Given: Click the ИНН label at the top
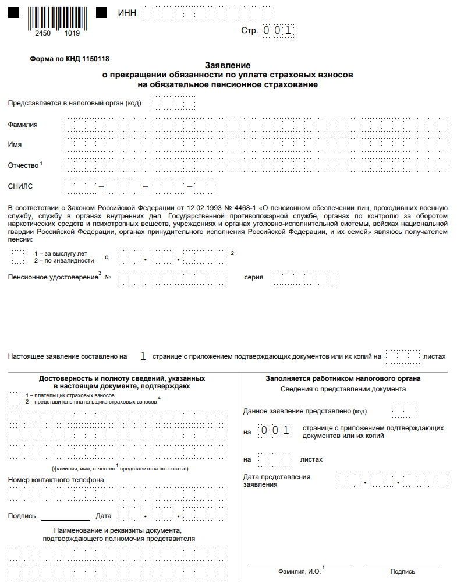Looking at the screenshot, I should pyautogui.click(x=127, y=13).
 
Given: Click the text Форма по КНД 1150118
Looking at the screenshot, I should pyautogui.click(x=69, y=59).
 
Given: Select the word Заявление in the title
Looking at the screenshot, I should pyautogui.click(x=228, y=65).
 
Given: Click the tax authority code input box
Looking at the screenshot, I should pyautogui.click(x=172, y=103).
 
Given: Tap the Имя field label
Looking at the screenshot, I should pyautogui.click(x=15, y=144).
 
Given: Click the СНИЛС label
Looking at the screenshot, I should pyautogui.click(x=20, y=186).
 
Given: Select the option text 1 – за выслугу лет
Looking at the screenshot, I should pyautogui.click(x=61, y=253).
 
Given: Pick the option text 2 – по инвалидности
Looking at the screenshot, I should pyautogui.click(x=64, y=260).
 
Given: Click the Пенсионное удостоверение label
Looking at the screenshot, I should pyautogui.click(x=53, y=277).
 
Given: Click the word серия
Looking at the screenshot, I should pyautogui.click(x=254, y=277).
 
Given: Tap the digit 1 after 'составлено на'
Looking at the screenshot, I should pyautogui.click(x=143, y=356).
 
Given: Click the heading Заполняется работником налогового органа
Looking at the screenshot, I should pyautogui.click(x=343, y=378).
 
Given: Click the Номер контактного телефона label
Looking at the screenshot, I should pyautogui.click(x=56, y=480).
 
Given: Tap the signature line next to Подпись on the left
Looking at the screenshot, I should pyautogui.click(x=65, y=516).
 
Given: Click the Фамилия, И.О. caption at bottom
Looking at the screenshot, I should pyautogui.click(x=300, y=572).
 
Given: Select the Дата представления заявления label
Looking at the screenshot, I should pyautogui.click(x=277, y=480).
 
